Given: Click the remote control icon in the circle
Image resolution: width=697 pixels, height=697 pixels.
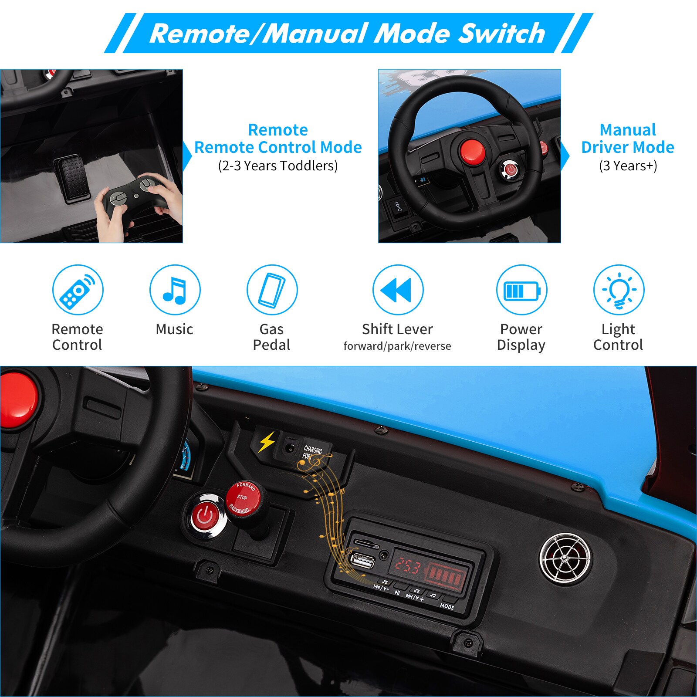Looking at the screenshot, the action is tap(78, 290).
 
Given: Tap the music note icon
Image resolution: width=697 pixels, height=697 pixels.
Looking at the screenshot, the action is tap(175, 290).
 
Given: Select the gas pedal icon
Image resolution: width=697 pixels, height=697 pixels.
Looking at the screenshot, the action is tap(272, 290).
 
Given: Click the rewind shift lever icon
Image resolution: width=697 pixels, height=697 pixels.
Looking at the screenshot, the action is tap(398, 290).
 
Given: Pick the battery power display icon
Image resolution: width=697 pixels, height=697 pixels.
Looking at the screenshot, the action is tap(521, 290).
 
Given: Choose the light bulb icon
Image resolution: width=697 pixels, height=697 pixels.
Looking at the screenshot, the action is tap(619, 290).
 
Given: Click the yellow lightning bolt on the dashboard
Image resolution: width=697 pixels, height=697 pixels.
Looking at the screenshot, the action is tap(267, 442).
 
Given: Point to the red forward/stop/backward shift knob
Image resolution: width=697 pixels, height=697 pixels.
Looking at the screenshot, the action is tap(243, 499).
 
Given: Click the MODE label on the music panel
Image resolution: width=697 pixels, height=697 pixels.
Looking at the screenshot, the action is tap(447, 606).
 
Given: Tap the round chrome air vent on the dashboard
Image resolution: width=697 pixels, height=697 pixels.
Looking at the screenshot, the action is tap(565, 559).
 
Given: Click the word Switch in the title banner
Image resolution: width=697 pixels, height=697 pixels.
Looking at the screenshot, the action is tap(501, 34).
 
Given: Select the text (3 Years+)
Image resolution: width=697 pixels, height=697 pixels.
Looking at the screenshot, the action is tap(628, 166).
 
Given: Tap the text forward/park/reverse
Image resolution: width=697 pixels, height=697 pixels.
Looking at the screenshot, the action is tap(397, 346).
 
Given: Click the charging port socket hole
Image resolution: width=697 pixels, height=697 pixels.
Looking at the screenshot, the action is tap(289, 447).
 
